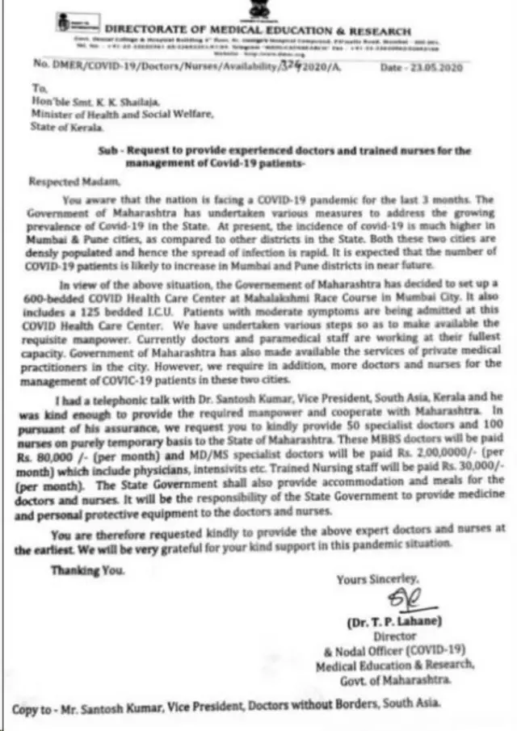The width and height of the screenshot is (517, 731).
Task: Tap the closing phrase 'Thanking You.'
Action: pos(86,570)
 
